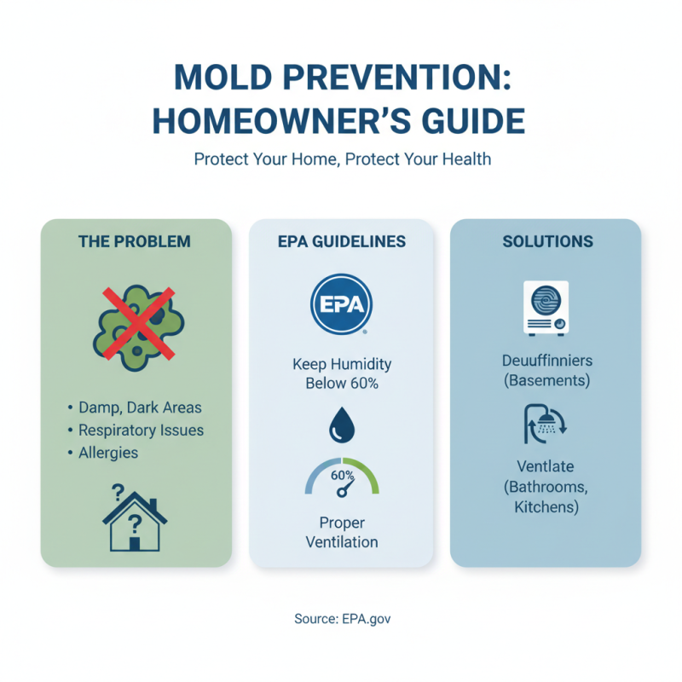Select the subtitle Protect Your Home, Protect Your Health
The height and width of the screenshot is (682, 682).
click(342, 159)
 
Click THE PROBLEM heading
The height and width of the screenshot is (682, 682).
click(135, 241)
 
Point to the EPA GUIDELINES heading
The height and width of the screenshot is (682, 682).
click(341, 241)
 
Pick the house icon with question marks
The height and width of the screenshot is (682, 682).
click(135, 517)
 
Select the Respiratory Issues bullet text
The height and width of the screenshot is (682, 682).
click(142, 430)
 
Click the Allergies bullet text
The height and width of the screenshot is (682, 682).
click(107, 452)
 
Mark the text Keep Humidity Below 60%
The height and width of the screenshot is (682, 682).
click(341, 373)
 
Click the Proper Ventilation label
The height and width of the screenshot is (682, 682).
click(341, 532)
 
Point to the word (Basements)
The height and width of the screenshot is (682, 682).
click(546, 379)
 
